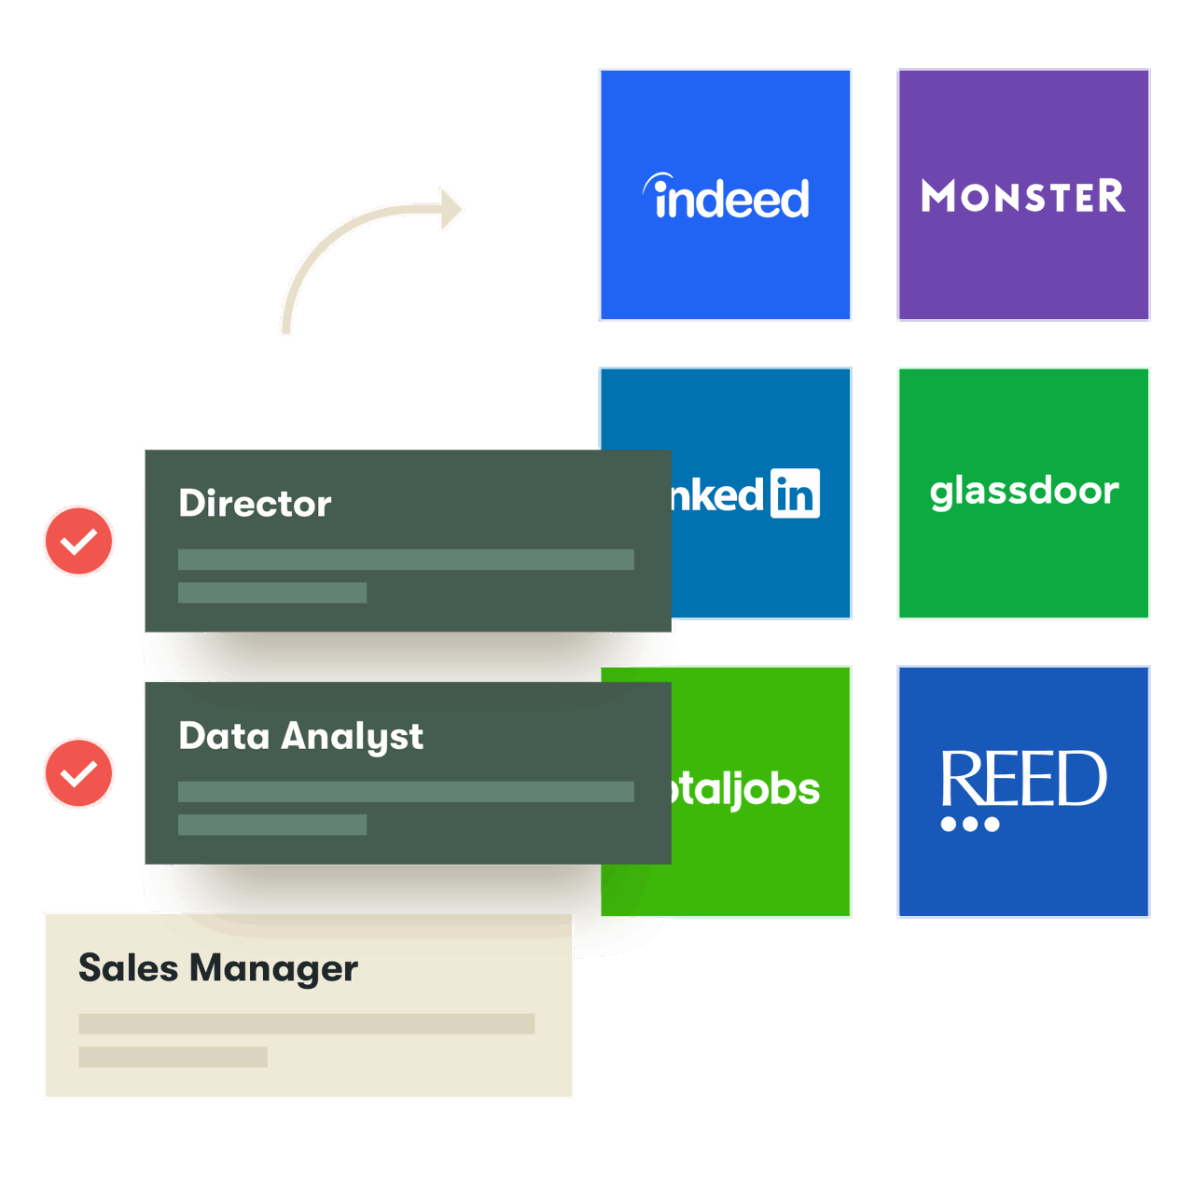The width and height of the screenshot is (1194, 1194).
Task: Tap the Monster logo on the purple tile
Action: pyautogui.click(x=1023, y=197)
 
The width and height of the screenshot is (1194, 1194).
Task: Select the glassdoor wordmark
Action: pyautogui.click(x=1024, y=492)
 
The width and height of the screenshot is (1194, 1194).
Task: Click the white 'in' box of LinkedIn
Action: pyautogui.click(x=795, y=493)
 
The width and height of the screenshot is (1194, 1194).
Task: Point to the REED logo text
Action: pyautogui.click(x=1023, y=778)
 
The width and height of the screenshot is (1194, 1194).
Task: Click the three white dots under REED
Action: pyautogui.click(x=970, y=825)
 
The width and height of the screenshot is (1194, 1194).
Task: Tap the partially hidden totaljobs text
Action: pyautogui.click(x=746, y=790)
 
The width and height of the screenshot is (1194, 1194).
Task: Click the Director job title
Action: pyautogui.click(x=255, y=504)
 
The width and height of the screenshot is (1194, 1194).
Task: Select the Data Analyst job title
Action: pyautogui.click(x=300, y=737)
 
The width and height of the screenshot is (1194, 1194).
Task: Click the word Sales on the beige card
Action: pyautogui.click(x=128, y=968)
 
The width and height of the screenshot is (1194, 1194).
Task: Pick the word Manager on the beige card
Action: pyautogui.click(x=273, y=969)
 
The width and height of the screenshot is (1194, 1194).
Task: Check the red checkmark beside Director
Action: pyautogui.click(x=78, y=541)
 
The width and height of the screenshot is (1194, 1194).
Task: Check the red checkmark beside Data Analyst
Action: pyautogui.click(x=78, y=773)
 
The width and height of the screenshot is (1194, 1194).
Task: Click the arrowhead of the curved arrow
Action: pyautogui.click(x=451, y=209)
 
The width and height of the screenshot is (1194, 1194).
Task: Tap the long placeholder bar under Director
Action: pyautogui.click(x=406, y=560)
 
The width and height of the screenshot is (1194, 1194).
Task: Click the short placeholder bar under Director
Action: pyautogui.click(x=272, y=593)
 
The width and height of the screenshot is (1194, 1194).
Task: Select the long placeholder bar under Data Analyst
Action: pyautogui.click(x=406, y=792)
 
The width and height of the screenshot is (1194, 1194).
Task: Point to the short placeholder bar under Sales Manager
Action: pyautogui.click(x=173, y=1057)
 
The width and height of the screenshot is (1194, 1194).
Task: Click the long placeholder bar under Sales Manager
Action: pyautogui.click(x=306, y=1024)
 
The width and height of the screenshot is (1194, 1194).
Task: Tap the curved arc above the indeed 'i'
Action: pyautogui.click(x=657, y=180)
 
